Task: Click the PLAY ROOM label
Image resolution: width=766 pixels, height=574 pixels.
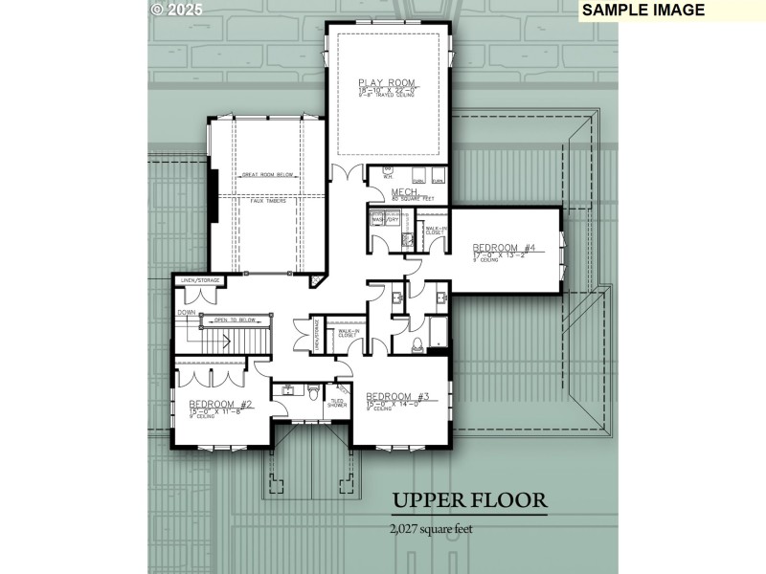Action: click(x=388, y=82)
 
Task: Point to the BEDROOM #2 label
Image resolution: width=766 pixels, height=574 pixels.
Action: click(x=220, y=404)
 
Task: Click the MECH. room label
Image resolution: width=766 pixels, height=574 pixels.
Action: click(x=403, y=192)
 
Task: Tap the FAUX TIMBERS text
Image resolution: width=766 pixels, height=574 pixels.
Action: click(x=269, y=200)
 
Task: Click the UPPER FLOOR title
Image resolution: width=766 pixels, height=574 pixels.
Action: click(x=468, y=500)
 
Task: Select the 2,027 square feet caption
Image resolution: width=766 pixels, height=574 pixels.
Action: click(x=431, y=528)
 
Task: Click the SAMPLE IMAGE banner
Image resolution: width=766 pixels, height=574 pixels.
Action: click(x=642, y=11)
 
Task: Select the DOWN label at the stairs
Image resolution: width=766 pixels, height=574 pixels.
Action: click(x=185, y=311)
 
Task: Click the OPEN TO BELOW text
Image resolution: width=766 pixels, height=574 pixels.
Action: click(x=234, y=320)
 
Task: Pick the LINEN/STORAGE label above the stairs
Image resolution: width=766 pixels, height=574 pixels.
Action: click(x=195, y=280)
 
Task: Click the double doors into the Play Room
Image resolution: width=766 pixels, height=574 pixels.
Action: click(x=343, y=174)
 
